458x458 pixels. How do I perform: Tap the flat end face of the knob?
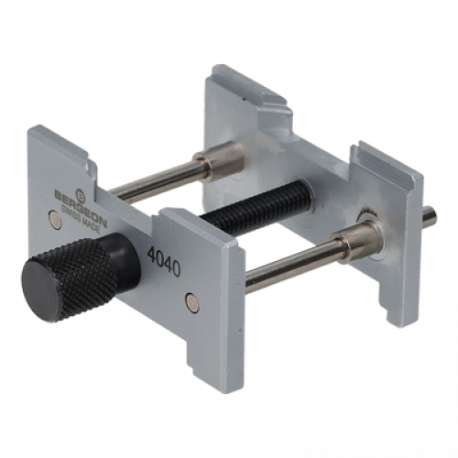[44, 289]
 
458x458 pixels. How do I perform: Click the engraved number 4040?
[164, 261]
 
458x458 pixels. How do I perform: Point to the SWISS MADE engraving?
[81, 219]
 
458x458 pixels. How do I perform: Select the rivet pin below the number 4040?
[193, 303]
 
